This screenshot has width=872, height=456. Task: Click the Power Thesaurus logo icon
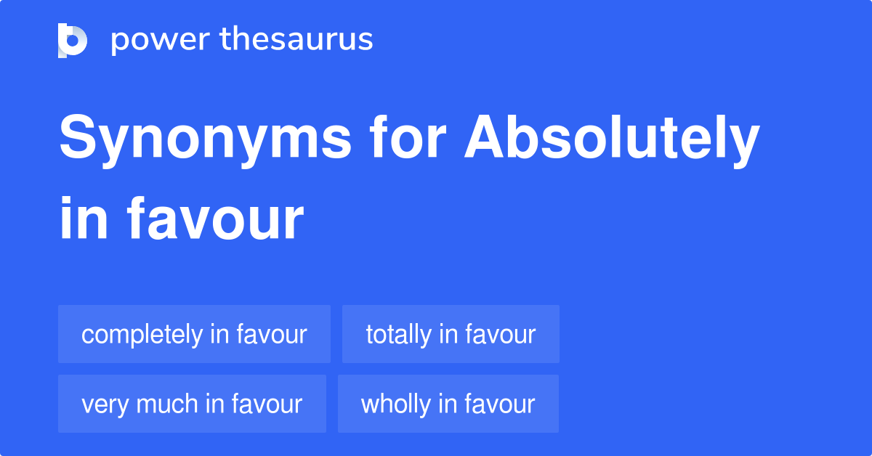[73, 40]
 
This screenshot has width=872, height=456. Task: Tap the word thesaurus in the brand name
[296, 40]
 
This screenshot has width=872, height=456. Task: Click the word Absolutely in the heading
[613, 139]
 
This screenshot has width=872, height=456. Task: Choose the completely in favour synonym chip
[194, 334]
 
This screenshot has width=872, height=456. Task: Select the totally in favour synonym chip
[451, 334]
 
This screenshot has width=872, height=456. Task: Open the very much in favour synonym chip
[192, 404]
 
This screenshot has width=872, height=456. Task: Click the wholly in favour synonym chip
[448, 404]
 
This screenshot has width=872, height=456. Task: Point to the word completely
[142, 335]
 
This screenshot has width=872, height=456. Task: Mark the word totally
[398, 335]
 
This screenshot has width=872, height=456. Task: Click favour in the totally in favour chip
[500, 334]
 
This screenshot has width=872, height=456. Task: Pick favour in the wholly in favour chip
[500, 404]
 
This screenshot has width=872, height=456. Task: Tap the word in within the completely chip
[220, 334]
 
